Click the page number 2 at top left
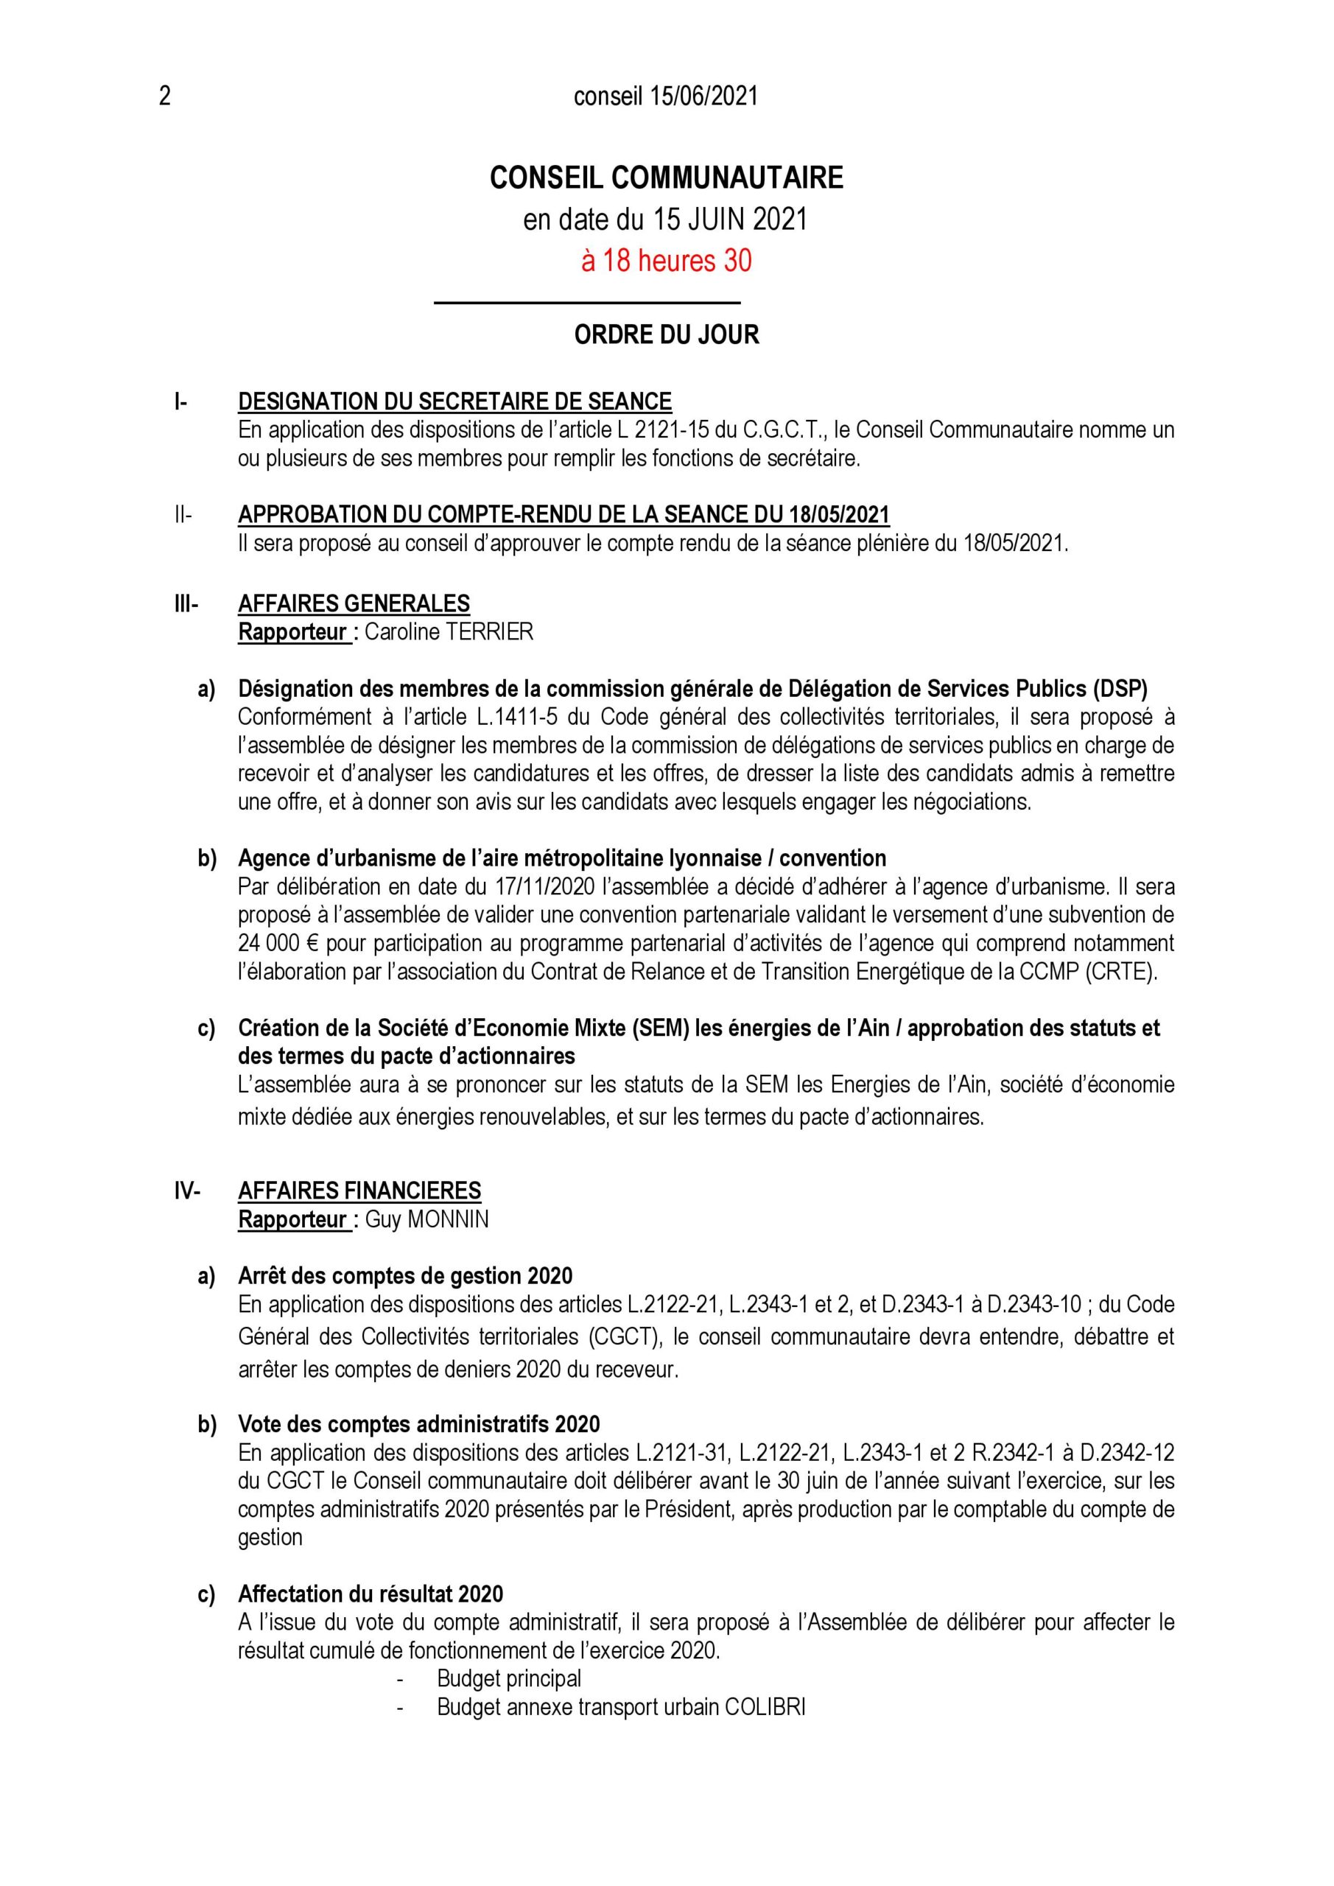165,97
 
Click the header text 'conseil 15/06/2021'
665,97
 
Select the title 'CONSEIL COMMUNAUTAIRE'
666,178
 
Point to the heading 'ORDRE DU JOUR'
666,334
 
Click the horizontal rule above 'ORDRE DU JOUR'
586,303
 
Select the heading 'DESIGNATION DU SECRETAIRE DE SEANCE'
454,402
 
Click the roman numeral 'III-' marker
186,604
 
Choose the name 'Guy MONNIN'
426,1220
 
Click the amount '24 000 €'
279,943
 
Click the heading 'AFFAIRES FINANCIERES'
359,1191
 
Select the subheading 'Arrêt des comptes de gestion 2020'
405,1276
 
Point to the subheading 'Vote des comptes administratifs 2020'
419,1424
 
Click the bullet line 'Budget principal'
509,1679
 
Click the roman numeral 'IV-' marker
187,1191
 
